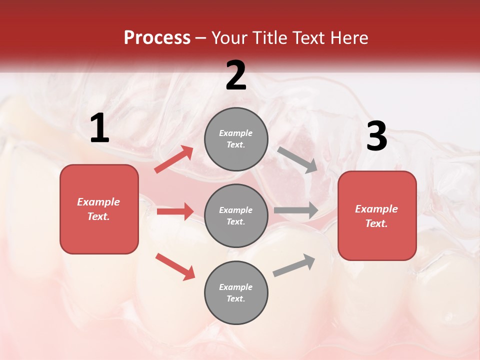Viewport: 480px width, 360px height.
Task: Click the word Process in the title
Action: tap(157, 38)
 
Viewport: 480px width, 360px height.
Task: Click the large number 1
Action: tap(99, 128)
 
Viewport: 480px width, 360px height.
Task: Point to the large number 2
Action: tap(236, 75)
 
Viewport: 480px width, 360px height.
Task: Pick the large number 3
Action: tap(376, 136)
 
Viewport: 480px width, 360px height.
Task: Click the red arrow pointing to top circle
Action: tap(174, 159)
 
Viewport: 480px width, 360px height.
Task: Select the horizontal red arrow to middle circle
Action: tap(175, 211)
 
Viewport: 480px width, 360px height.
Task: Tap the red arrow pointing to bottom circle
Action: tap(175, 266)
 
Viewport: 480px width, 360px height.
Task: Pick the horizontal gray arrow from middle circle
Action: tap(296, 210)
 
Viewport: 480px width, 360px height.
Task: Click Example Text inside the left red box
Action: tap(98, 209)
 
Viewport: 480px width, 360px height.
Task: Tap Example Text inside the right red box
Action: tap(376, 216)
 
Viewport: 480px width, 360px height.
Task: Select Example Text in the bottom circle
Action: tap(236, 293)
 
